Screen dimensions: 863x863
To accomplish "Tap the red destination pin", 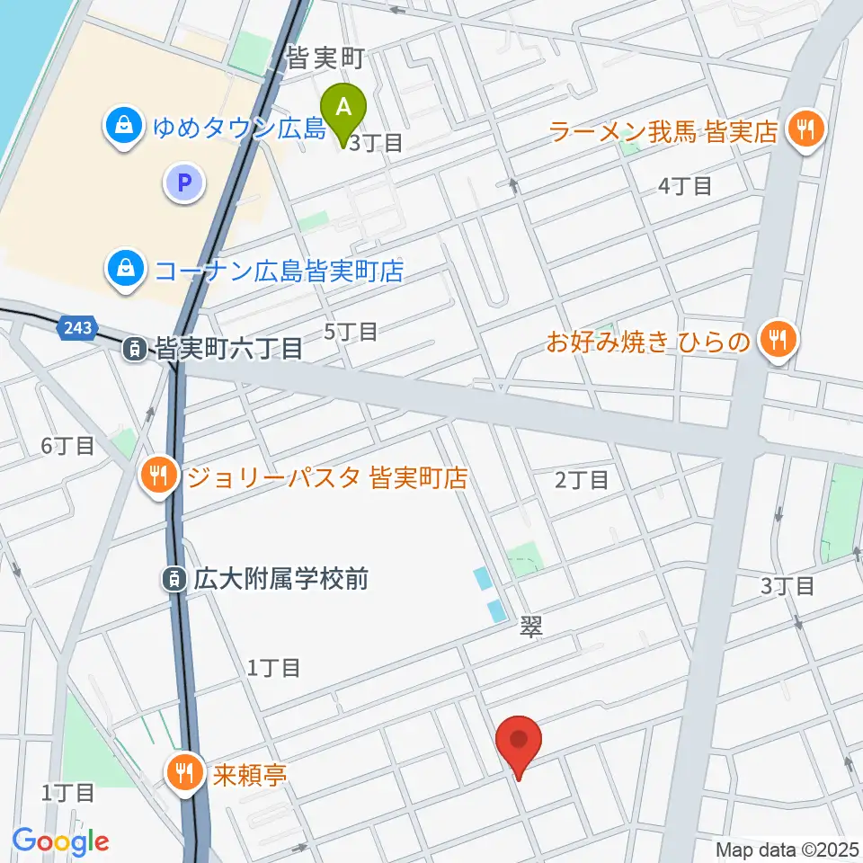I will click(519, 743).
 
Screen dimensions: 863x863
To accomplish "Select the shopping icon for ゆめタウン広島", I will click(120, 127).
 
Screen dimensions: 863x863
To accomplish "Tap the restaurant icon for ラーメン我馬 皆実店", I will click(802, 129).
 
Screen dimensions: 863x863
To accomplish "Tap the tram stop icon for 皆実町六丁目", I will click(134, 348).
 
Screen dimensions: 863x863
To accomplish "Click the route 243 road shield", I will click(77, 329).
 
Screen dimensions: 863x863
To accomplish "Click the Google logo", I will click(60, 841).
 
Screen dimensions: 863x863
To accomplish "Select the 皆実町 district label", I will click(325, 60).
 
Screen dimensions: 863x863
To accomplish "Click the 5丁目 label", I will click(351, 332).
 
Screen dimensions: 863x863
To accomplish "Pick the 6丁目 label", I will click(67, 445).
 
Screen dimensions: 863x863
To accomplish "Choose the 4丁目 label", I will click(685, 186).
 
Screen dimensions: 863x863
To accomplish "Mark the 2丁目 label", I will click(582, 480).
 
